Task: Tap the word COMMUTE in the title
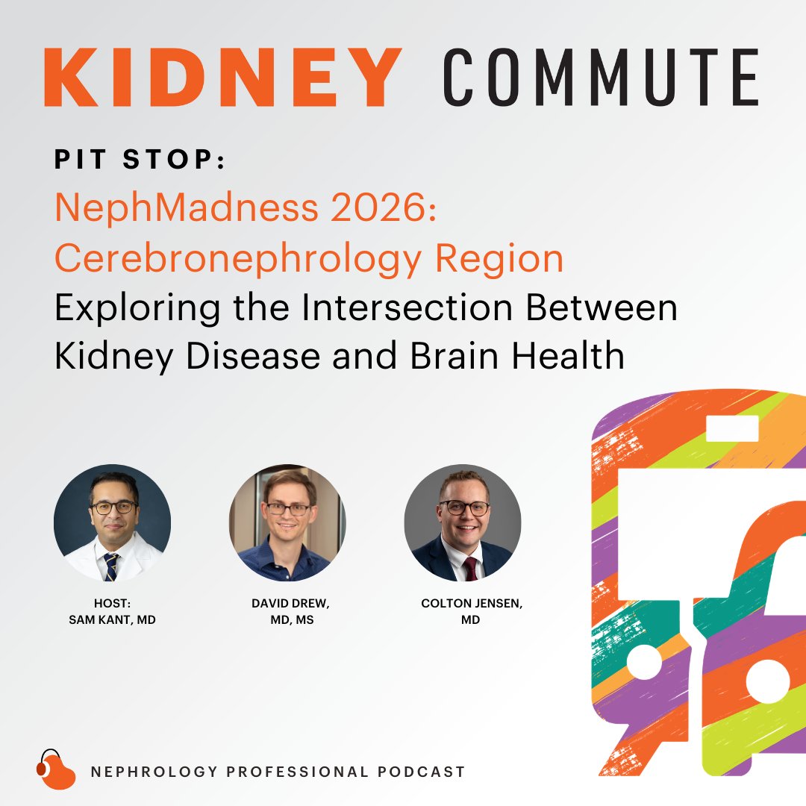click(601, 78)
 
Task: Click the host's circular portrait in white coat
click(112, 522)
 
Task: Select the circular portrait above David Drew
click(287, 522)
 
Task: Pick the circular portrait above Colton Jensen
click(463, 522)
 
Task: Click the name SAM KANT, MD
click(112, 620)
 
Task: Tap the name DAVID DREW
click(290, 604)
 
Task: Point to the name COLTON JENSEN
click(472, 604)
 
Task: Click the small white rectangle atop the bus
click(732, 428)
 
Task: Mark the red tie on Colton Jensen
click(470, 568)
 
